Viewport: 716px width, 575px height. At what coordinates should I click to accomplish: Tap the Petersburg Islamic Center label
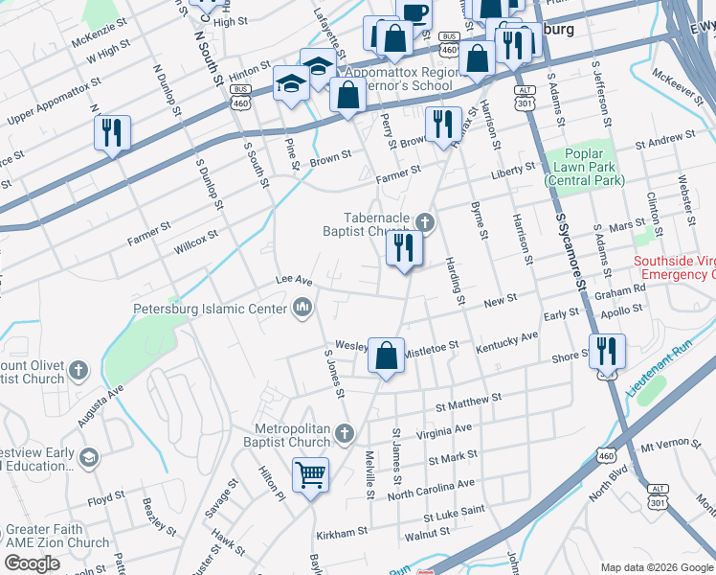pos(209,309)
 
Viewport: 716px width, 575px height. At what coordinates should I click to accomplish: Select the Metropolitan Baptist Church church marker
pos(344,435)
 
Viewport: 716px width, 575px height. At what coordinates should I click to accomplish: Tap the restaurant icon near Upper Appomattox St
pos(112,133)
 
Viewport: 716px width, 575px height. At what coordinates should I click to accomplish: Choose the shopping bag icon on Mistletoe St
pos(386,356)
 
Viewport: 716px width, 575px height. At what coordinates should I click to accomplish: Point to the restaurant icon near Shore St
pos(606,352)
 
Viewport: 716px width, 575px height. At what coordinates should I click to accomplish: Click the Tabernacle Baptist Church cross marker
pos(426,222)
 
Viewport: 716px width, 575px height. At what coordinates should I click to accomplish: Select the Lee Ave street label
pos(294,280)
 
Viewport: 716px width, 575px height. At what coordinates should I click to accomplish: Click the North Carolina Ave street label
pos(431,490)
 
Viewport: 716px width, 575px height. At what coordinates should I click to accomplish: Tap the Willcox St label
pos(195,240)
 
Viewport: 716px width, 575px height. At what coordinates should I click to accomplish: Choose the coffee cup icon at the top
pos(414,11)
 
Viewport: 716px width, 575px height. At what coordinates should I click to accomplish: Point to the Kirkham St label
pos(342,531)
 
